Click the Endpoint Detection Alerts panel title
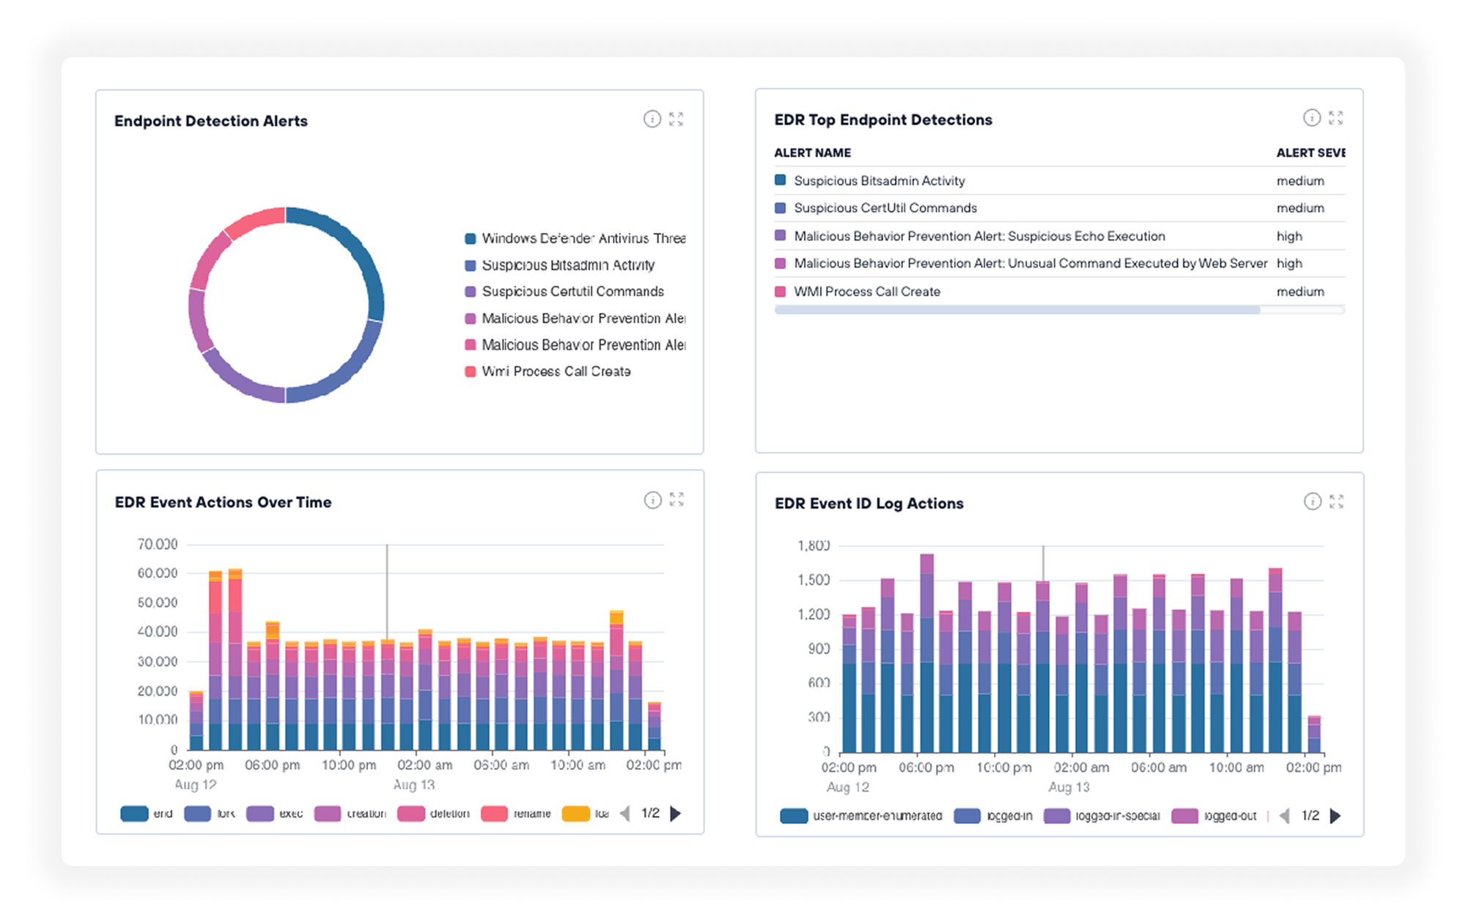[x=210, y=121]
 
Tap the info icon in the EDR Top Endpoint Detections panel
[x=1311, y=118]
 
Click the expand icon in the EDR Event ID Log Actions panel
[x=1336, y=501]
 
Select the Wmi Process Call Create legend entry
[x=556, y=372]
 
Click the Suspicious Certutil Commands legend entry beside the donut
[x=572, y=292]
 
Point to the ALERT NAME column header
[x=812, y=152]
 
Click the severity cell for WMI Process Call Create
[x=1300, y=292]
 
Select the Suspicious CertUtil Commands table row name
[x=885, y=208]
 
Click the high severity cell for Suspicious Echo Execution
[x=1289, y=236]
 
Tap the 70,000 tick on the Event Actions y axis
[x=157, y=544]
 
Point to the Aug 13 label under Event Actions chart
[x=414, y=784]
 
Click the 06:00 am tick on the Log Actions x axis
[x=1158, y=768]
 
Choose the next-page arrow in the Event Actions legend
[x=676, y=814]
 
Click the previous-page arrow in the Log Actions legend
[x=1285, y=816]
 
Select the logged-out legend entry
[x=1229, y=816]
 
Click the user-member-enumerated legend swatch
[x=794, y=816]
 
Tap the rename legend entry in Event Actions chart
[x=531, y=814]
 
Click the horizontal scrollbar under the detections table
[x=1017, y=311]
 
